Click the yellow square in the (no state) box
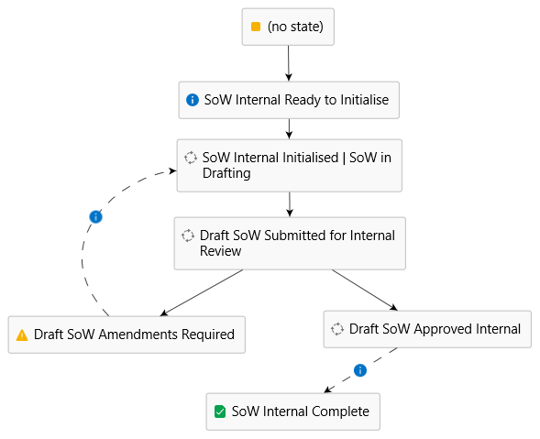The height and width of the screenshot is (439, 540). point(256,27)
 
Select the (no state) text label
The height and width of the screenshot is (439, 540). point(295,27)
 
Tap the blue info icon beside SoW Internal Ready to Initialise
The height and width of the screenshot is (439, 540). point(193,100)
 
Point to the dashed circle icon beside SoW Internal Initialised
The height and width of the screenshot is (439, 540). point(191,158)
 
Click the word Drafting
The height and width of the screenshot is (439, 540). point(226,173)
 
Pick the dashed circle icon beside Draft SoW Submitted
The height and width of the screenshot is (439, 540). point(188,236)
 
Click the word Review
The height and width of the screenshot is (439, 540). point(220,251)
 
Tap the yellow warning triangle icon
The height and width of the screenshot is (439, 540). point(22,335)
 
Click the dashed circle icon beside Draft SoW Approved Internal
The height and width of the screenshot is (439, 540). point(337,329)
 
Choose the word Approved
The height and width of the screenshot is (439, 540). point(437,329)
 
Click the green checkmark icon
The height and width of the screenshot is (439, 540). point(220,412)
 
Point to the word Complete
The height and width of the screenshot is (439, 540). point(340,412)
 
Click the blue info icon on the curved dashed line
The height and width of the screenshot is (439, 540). point(95,217)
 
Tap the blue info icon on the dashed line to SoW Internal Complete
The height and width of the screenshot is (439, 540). point(360,370)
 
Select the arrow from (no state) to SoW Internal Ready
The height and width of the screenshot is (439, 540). point(289,63)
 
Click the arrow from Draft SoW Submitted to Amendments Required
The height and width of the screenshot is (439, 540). point(202,292)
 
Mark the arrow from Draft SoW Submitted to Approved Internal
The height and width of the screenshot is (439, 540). point(365,290)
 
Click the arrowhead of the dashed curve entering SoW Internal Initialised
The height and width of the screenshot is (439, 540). point(172,170)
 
